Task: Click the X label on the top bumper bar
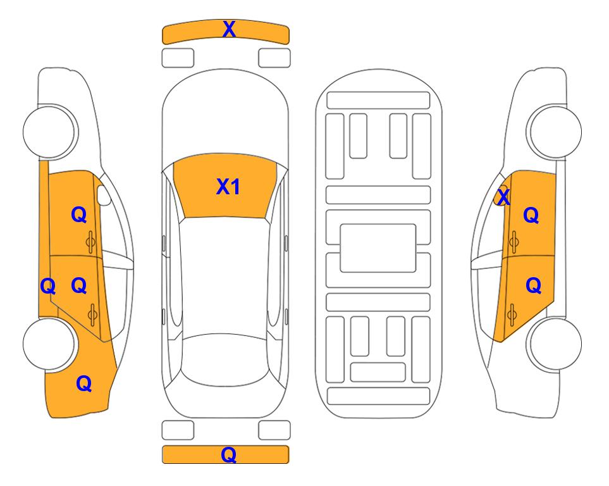pos(229,28)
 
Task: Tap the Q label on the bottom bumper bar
pos(229,454)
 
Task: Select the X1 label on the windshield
pos(228,187)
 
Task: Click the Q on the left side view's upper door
pos(79,215)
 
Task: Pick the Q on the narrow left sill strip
pos(48,286)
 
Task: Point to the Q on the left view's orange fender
pos(84,383)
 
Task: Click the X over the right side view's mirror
pos(503,197)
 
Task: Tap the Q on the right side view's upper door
pos(531,215)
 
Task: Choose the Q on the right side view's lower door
pos(533,285)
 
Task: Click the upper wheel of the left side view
pos(50,132)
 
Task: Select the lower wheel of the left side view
pos(49,344)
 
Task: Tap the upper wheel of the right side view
pos(554,132)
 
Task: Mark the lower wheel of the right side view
pos(555,344)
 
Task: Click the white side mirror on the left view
pos(104,195)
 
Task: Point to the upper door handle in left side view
pos(90,242)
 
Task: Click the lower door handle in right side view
pos(512,315)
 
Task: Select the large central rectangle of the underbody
pos(378,248)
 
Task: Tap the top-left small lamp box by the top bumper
pos(178,58)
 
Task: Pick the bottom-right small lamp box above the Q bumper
pos(274,430)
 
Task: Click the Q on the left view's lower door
pos(79,285)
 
